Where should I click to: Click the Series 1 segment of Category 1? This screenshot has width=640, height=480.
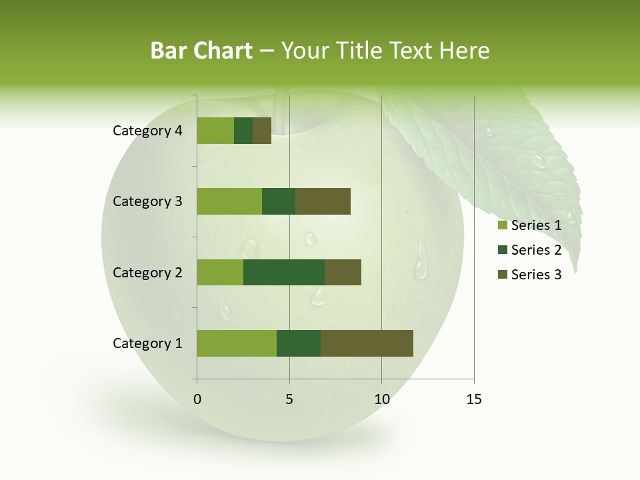point(237,343)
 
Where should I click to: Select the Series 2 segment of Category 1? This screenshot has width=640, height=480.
point(299,343)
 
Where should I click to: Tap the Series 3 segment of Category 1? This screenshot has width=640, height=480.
point(367,343)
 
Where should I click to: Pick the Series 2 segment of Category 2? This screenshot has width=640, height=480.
point(284,273)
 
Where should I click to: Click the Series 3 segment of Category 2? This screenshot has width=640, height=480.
point(343,273)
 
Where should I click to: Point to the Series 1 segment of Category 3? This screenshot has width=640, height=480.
point(229,201)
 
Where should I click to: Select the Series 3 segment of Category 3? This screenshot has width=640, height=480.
point(323,201)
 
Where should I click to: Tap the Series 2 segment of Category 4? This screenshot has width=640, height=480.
point(243,131)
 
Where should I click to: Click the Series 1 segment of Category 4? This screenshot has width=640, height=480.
point(215,131)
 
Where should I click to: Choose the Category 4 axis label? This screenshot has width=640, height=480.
point(147,131)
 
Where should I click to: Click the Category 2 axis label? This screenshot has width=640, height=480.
point(147,273)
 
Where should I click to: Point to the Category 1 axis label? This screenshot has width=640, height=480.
point(147,343)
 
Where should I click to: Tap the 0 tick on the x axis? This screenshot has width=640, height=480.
point(197,399)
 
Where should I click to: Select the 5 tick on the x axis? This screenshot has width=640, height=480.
point(289,399)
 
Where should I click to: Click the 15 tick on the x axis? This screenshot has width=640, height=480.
point(473,399)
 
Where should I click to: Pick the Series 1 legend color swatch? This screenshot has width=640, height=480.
point(502,225)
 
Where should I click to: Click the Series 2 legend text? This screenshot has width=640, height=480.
point(536,250)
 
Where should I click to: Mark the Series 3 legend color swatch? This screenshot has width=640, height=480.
point(502,275)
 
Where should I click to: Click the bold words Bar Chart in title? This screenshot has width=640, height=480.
point(201,51)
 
